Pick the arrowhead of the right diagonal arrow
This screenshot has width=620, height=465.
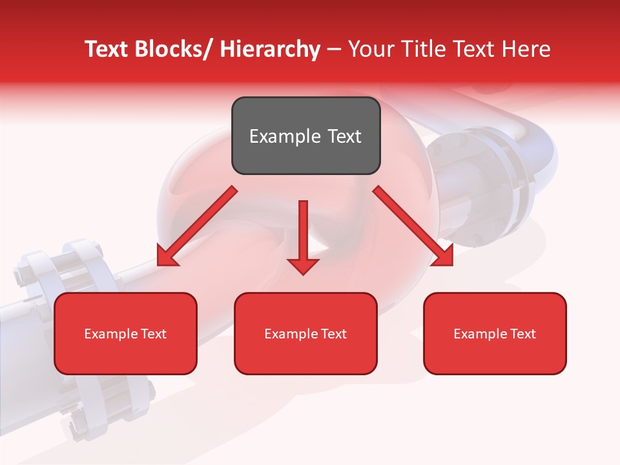(x=442, y=255)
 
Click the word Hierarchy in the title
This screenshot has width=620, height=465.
(x=270, y=49)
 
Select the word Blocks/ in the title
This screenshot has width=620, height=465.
(x=170, y=49)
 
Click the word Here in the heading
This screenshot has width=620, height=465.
(x=527, y=49)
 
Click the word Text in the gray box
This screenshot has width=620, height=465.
(x=344, y=136)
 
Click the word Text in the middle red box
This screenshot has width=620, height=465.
(x=333, y=334)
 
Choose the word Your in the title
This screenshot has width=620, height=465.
(x=369, y=49)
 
